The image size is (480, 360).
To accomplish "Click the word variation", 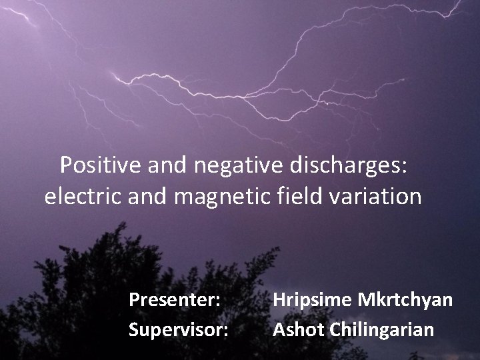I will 379,197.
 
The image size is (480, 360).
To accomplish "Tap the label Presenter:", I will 175,300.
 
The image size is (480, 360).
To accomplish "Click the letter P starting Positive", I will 65,165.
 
